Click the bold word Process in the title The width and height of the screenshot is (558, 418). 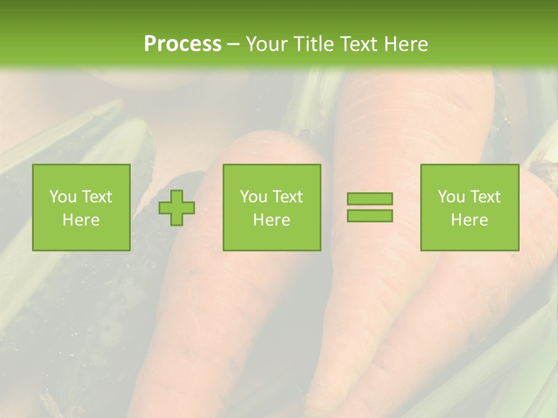[x=183, y=44]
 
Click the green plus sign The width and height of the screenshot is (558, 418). [x=177, y=208]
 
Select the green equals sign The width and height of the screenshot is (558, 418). [x=370, y=207]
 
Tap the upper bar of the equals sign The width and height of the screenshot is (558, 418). [x=370, y=199]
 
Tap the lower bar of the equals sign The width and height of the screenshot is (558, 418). [x=370, y=215]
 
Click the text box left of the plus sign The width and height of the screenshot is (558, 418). [x=81, y=207]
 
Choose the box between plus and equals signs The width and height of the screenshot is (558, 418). [x=271, y=207]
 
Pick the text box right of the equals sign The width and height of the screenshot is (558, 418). [x=469, y=207]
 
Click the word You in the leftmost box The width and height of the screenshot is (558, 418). [x=62, y=197]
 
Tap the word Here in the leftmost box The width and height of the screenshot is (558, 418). [x=81, y=220]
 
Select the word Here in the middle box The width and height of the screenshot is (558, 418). [x=271, y=220]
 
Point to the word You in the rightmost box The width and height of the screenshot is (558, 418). [x=450, y=197]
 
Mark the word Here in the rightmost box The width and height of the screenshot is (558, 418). [x=469, y=220]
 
